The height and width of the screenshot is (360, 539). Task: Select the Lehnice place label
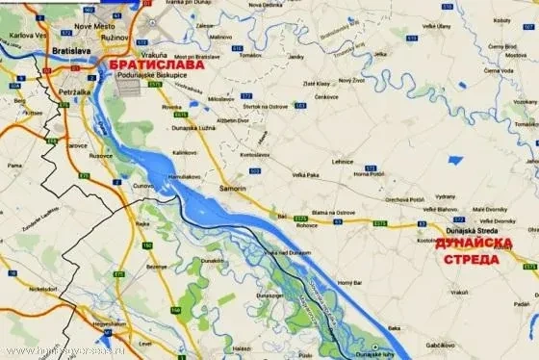point(343,161)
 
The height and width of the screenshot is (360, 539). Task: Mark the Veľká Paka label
point(308,174)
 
